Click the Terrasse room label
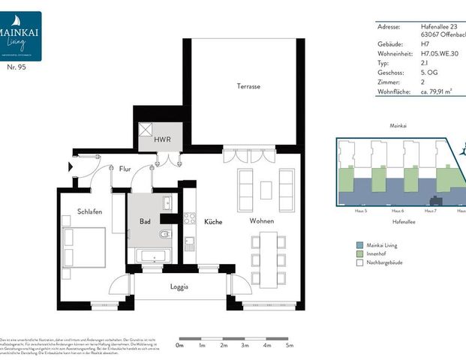[248, 87]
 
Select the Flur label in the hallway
[125, 169]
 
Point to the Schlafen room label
[89, 212]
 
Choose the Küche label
[213, 221]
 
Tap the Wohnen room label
[262, 221]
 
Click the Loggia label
[179, 286]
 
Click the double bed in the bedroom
[83, 247]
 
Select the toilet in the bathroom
[165, 234]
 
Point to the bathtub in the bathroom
[154, 256]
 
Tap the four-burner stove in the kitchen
[190, 218]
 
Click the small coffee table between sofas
[266, 190]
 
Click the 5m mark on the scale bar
[289, 346]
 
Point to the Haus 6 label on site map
[397, 211]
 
